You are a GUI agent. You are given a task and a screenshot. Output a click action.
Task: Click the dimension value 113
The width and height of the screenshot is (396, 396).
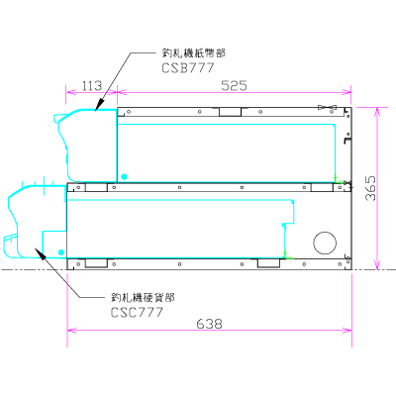92,87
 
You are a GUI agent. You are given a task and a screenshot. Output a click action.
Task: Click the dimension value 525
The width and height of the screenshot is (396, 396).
234,87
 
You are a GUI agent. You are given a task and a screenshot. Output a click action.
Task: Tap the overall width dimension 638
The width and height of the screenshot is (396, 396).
209,324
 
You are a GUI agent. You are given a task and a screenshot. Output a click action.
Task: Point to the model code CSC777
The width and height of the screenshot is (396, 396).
137,311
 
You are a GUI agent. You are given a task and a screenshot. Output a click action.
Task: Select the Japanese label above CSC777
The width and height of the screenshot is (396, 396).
143,297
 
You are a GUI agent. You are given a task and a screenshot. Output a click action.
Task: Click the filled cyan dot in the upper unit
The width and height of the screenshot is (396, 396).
124,175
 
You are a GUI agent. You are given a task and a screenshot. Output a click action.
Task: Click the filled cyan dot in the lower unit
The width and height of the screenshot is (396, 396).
61,253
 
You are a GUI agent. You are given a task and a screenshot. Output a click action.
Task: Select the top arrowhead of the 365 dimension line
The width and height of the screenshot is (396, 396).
377,108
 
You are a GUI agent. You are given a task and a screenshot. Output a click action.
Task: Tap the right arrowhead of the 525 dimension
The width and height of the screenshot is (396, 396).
349,95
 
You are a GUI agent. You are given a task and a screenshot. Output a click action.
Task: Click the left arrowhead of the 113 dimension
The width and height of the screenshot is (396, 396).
69,95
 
